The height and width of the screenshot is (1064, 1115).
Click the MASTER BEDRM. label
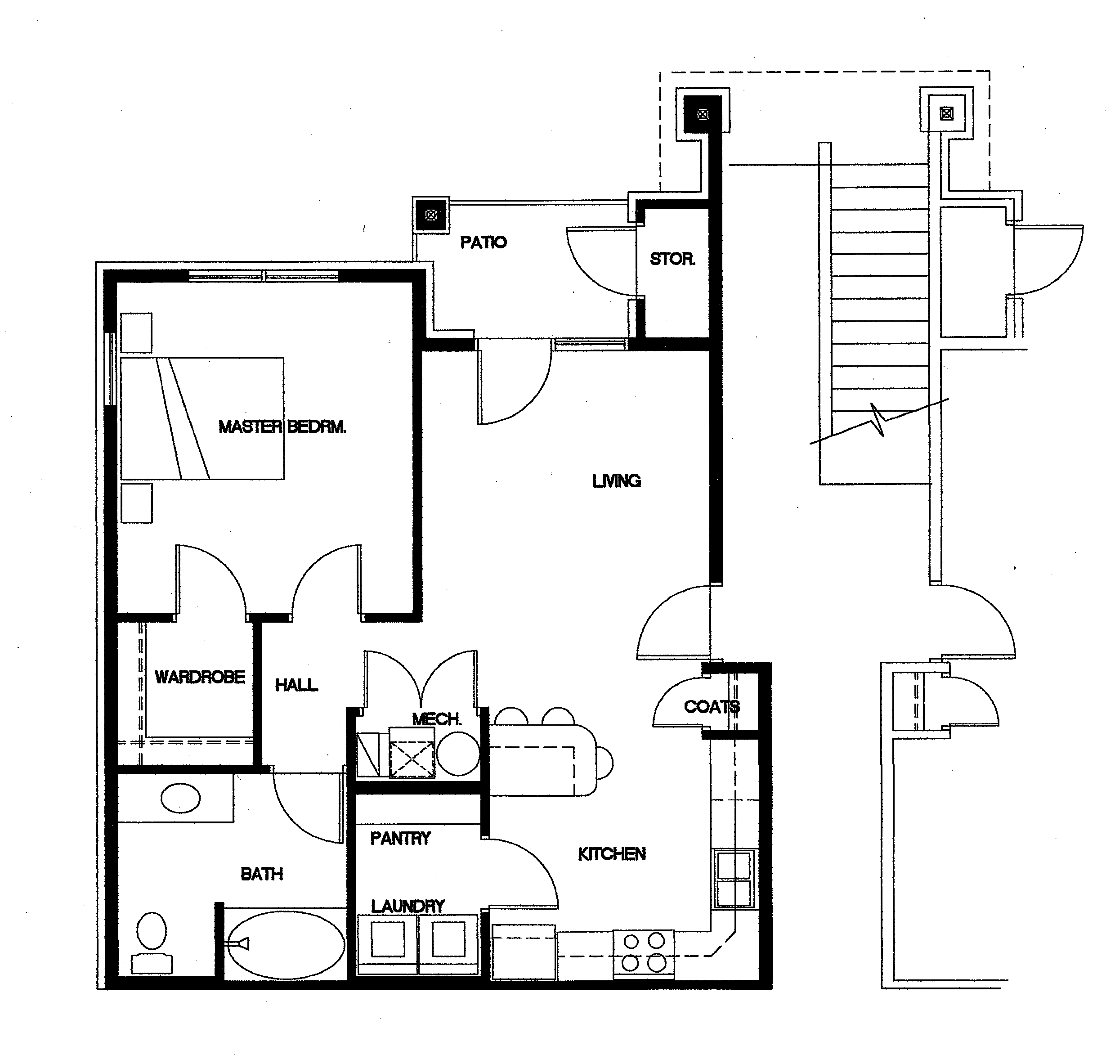coord(282,426)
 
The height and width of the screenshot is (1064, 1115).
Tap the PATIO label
coord(483,243)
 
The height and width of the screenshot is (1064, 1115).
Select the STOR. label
coord(672,259)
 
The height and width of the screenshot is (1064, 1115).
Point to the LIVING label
coord(617,481)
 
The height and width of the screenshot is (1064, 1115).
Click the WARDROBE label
coord(200,677)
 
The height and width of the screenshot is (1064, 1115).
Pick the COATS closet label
coord(711,707)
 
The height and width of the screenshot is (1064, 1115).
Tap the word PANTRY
coord(400,838)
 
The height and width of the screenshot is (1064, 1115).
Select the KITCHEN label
coord(611,854)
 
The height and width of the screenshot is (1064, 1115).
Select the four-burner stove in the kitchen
coord(643,952)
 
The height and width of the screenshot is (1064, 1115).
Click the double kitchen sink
coord(734,879)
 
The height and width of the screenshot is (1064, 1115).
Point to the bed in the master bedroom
coord(202,418)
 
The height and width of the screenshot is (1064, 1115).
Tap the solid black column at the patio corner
coord(430,215)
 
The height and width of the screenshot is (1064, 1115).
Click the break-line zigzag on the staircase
coord(878,420)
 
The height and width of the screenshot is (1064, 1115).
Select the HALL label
coord(296,685)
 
